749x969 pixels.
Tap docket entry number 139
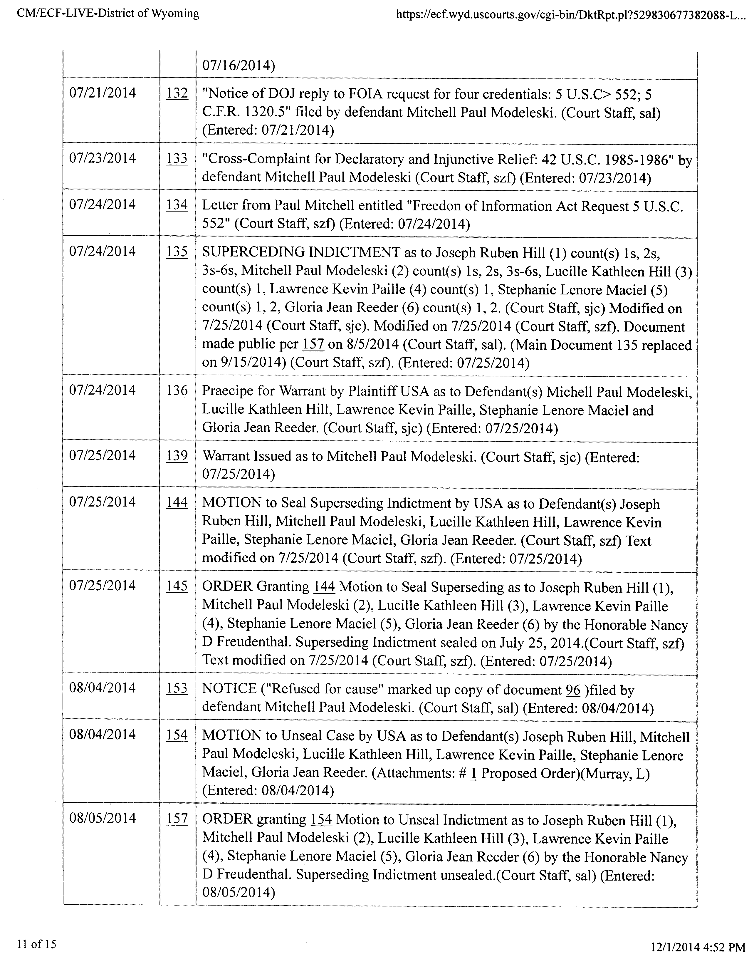[x=177, y=456]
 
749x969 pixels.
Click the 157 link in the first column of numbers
[x=177, y=819]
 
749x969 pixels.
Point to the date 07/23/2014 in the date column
[x=103, y=158]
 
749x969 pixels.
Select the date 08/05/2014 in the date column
[x=103, y=818]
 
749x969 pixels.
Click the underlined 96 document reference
[x=573, y=690]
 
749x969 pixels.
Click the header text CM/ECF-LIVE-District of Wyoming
[x=108, y=13]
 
